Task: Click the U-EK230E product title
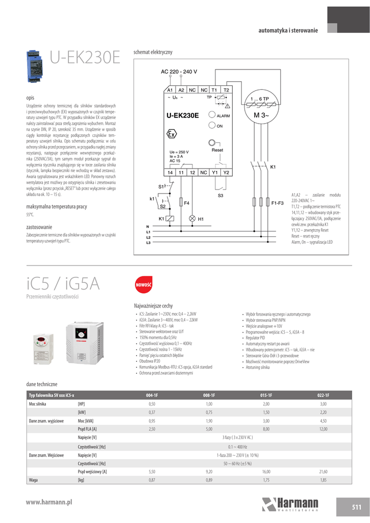85,58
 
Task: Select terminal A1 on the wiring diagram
170,90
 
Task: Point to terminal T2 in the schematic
226,90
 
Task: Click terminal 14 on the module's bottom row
170,173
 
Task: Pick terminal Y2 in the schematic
226,173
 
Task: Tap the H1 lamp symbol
192,219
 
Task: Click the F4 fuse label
187,203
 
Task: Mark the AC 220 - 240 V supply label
179,71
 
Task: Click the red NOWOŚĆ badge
143,284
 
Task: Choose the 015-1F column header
266,395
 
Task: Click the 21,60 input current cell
323,472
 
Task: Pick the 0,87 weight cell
152,481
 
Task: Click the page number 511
356,507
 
